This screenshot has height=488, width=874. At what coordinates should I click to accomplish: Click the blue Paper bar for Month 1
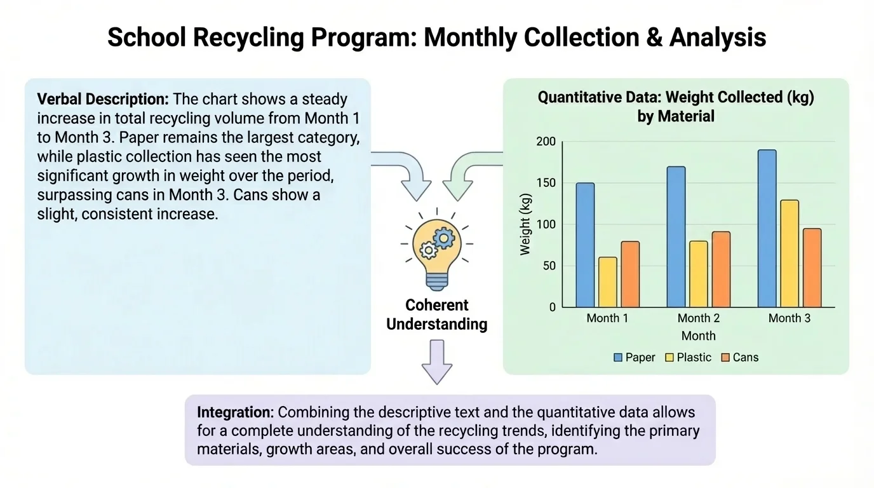(x=585, y=245)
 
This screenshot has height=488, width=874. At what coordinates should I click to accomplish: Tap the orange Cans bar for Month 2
(x=721, y=269)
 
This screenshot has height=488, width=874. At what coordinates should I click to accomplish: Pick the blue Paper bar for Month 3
(x=767, y=229)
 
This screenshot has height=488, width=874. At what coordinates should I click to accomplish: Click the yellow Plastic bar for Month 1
(x=608, y=282)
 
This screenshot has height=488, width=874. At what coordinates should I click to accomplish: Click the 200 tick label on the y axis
(x=546, y=142)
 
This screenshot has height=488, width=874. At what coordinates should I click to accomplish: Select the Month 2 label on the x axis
(x=698, y=318)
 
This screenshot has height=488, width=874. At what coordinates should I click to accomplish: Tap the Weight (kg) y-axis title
(x=525, y=224)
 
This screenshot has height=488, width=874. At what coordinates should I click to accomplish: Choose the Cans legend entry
(x=739, y=358)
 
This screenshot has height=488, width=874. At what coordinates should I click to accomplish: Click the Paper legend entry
(x=633, y=358)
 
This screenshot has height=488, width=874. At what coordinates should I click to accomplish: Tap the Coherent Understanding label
(x=436, y=315)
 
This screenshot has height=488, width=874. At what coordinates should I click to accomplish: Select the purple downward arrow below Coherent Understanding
(x=436, y=362)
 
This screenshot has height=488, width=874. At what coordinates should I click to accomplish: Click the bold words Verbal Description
(x=103, y=99)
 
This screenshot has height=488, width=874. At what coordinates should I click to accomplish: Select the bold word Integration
(x=235, y=412)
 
